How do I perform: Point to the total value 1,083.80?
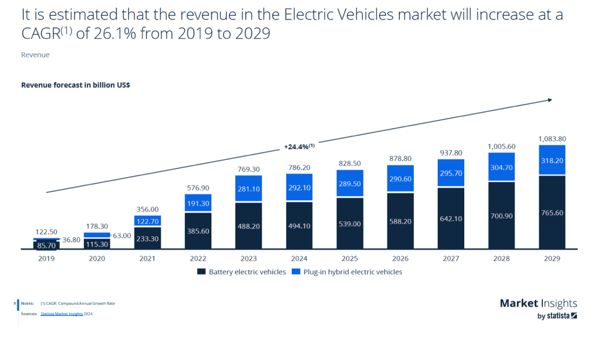click(x=552, y=139)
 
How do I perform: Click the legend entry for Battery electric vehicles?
click(x=242, y=272)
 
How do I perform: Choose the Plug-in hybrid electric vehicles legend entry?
click(x=353, y=272)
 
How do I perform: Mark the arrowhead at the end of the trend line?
click(x=549, y=100)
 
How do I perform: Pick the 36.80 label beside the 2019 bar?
click(x=71, y=240)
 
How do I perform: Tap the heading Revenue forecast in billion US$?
click(x=76, y=85)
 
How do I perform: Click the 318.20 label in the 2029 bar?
click(x=552, y=160)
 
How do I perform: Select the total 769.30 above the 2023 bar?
click(x=248, y=169)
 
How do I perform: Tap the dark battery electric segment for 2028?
click(x=501, y=215)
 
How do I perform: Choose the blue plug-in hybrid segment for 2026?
click(x=400, y=179)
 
